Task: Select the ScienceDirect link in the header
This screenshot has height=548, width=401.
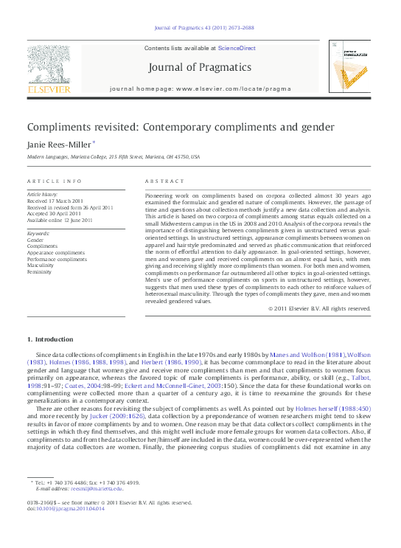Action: [x=237, y=48]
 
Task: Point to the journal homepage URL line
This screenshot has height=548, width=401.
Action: [x=200, y=89]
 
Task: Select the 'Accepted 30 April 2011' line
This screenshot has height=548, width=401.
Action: [x=55, y=214]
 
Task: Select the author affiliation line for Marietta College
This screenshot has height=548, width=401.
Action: [x=114, y=157]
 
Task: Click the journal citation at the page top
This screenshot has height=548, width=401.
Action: [x=200, y=28]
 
